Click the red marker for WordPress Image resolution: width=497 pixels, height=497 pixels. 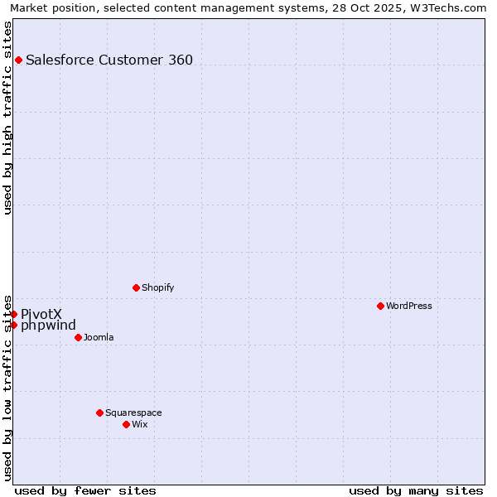point(380,306)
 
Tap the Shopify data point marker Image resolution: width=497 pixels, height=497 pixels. point(136,287)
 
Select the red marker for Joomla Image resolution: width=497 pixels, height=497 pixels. point(78,337)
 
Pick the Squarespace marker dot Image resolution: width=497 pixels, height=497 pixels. point(99,413)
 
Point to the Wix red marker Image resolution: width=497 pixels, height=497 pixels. point(126,424)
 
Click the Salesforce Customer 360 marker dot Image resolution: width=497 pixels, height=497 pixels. point(18,60)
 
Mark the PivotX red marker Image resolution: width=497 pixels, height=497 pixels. point(14,314)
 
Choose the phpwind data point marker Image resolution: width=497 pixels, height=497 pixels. point(14,325)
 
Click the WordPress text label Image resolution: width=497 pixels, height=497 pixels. point(409,306)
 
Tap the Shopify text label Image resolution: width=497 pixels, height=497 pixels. point(157,287)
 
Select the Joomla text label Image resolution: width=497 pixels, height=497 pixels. point(99,337)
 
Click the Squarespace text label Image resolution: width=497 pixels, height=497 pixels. point(133,413)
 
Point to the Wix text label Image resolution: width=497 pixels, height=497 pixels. point(139,424)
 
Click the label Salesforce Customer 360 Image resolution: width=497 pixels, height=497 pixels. point(109,60)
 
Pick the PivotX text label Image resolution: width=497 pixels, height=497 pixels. point(41,314)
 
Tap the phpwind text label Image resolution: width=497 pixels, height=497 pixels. point(48,325)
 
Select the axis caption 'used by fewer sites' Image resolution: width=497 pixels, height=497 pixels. point(85,490)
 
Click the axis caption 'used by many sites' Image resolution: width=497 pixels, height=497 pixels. point(416,490)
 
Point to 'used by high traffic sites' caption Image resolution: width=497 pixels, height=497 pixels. point(7,118)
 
